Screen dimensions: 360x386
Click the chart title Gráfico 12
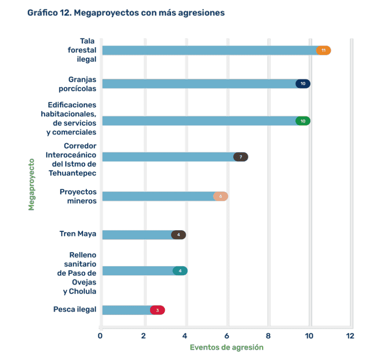pyautogui.click(x=126, y=13)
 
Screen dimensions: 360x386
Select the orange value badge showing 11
pyautogui.click(x=324, y=50)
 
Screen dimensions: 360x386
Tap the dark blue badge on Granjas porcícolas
pyautogui.click(x=303, y=84)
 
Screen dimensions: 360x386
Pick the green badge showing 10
pyautogui.click(x=303, y=121)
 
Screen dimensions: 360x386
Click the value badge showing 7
pyautogui.click(x=241, y=157)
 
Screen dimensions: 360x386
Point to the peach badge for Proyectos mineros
pyautogui.click(x=221, y=196)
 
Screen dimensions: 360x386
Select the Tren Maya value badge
pyautogui.click(x=178, y=234)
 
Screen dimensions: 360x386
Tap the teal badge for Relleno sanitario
pyautogui.click(x=180, y=271)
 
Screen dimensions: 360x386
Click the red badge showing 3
pyautogui.click(x=157, y=310)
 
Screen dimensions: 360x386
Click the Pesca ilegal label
pyautogui.click(x=75, y=309)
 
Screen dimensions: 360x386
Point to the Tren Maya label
pyautogui.click(x=78, y=234)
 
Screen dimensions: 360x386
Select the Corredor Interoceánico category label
pyautogui.click(x=71, y=159)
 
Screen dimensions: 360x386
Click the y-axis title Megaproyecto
pyautogui.click(x=31, y=184)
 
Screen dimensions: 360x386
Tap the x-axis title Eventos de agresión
pyautogui.click(x=226, y=347)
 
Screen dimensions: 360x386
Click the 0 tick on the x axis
pyautogui.click(x=100, y=335)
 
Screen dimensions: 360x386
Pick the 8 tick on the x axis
pyautogui.click(x=268, y=335)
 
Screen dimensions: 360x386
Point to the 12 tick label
pyautogui.click(x=350, y=335)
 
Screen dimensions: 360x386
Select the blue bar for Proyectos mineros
pyautogui.click(x=157, y=196)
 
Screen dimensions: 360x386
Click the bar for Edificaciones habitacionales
pyautogui.click(x=199, y=121)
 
